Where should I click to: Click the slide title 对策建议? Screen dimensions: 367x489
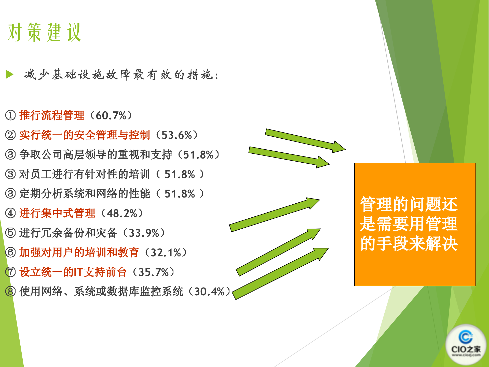(x=45, y=32)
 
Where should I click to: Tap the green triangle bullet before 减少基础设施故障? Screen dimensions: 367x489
(x=9, y=74)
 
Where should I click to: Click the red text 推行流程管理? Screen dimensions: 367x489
(x=52, y=115)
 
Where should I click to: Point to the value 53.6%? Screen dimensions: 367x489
(x=177, y=135)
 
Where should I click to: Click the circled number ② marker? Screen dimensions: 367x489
(x=10, y=135)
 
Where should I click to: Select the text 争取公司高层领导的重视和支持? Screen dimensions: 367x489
(x=96, y=155)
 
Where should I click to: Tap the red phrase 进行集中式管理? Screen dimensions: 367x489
(x=57, y=213)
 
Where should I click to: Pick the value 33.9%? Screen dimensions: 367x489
(x=144, y=233)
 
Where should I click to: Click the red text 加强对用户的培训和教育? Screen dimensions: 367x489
(x=79, y=253)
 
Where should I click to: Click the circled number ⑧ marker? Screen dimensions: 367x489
(x=10, y=292)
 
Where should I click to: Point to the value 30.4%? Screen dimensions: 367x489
(x=209, y=292)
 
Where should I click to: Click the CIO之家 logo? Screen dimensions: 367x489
(x=466, y=344)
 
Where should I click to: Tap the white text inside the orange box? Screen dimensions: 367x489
(x=409, y=224)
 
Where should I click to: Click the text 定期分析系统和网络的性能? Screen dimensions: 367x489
(x=85, y=194)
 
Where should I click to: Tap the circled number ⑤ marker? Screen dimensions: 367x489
(x=10, y=233)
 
